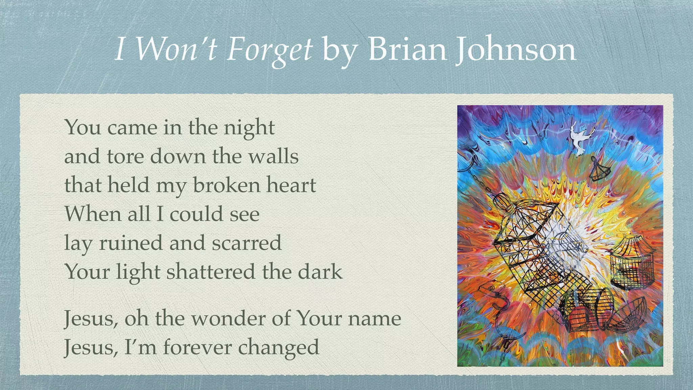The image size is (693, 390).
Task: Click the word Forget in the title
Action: tap(269, 50)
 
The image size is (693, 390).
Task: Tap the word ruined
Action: tap(131, 243)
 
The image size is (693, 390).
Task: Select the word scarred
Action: tap(247, 243)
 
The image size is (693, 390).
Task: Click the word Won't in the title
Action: tap(176, 49)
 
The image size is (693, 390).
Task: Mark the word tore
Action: tap(125, 157)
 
